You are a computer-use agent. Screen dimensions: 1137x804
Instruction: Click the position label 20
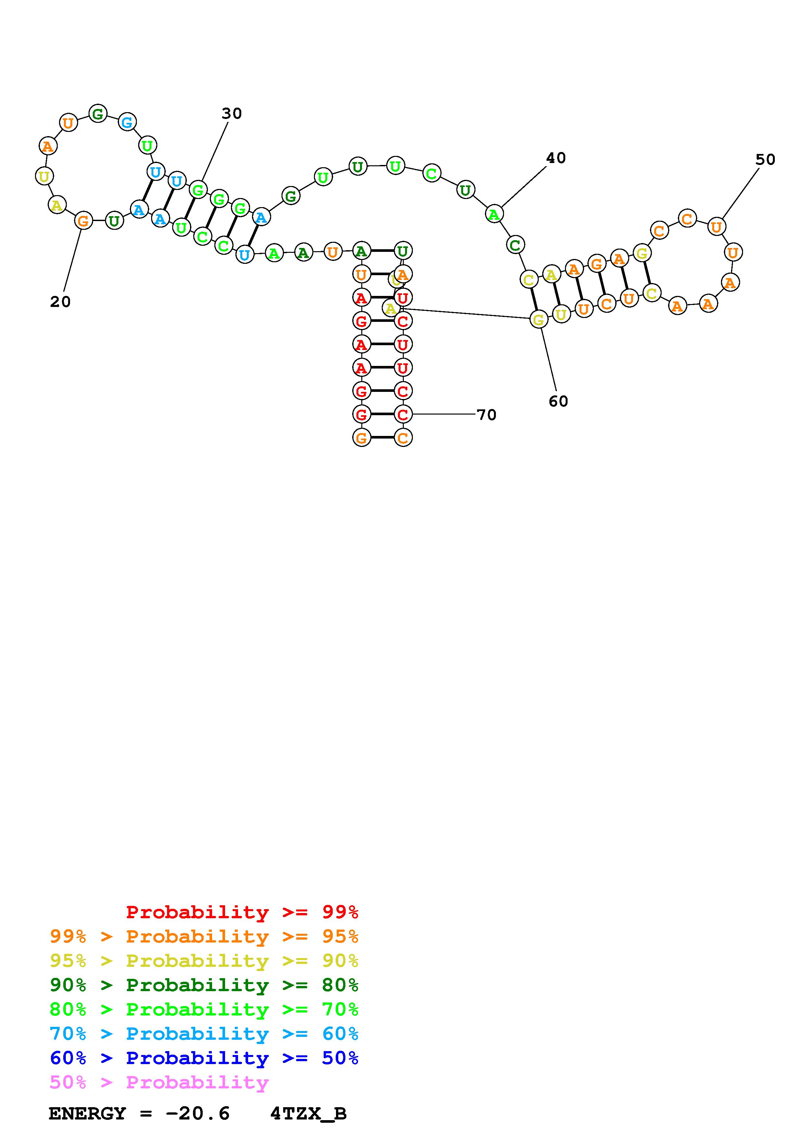coord(60,301)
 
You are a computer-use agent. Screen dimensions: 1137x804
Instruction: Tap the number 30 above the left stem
coord(231,113)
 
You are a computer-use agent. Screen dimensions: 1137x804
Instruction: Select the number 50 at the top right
coord(765,159)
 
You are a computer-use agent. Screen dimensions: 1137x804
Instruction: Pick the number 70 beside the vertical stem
coord(486,415)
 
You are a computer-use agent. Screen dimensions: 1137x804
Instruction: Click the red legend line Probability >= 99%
coord(242,912)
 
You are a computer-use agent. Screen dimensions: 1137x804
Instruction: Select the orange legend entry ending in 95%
coord(204,936)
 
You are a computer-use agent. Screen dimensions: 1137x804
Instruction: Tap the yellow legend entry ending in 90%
coord(204,961)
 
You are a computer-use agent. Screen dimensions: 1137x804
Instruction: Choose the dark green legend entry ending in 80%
coord(204,985)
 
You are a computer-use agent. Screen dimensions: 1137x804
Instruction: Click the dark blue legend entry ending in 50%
coord(204,1058)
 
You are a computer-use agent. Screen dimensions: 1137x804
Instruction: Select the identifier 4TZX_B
coord(308,1113)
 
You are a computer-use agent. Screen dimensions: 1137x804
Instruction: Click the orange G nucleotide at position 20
coord(83,221)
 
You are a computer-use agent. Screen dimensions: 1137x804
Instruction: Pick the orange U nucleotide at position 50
coord(716,227)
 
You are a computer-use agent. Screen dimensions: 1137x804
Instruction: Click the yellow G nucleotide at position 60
coord(538,319)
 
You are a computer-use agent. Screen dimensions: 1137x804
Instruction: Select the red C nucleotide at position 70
coord(403,414)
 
